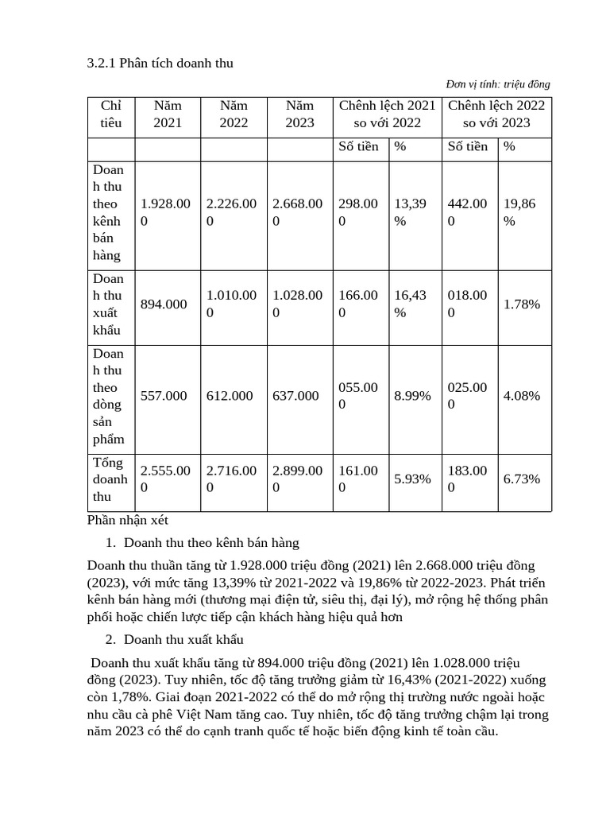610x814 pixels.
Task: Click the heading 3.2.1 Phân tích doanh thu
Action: (x=160, y=63)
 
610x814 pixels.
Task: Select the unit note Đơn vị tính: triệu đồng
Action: (x=498, y=84)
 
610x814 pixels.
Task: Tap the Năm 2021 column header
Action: (x=168, y=114)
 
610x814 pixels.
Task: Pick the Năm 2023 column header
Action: (x=299, y=114)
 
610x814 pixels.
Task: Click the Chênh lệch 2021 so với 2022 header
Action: (x=387, y=114)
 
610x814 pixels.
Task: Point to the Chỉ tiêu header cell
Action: (x=111, y=114)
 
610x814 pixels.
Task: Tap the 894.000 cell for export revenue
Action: (x=164, y=304)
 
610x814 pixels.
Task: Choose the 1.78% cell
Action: (x=522, y=304)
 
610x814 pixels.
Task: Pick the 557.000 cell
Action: (x=164, y=396)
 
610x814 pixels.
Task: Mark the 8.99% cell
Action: (x=412, y=396)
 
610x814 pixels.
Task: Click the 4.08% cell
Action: (x=522, y=396)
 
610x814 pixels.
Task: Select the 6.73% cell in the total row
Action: (x=522, y=479)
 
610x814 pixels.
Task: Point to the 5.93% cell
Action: (x=412, y=479)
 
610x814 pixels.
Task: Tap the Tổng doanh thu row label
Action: (x=110, y=479)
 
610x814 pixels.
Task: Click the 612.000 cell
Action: (x=230, y=396)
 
